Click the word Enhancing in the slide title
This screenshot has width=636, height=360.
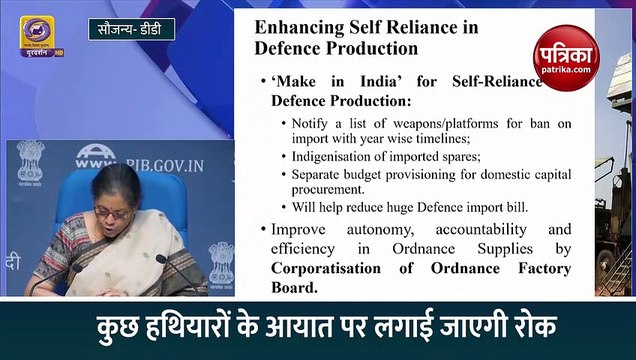297,26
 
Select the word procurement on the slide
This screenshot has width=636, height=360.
332,189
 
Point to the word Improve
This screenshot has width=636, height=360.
301,229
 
